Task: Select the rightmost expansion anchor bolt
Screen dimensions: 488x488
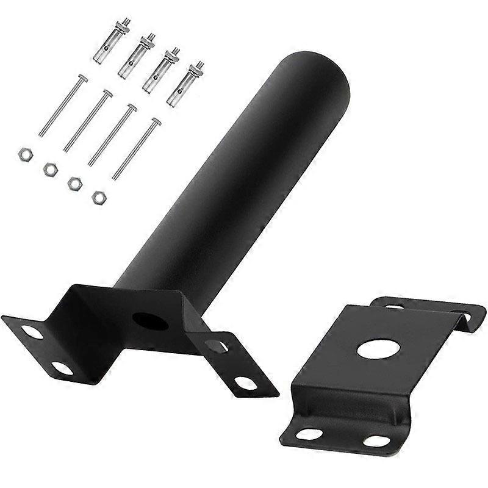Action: (185, 84)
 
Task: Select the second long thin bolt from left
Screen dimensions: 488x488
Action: (88, 120)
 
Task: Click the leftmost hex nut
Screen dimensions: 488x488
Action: (25, 154)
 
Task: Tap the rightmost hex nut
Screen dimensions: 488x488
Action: (98, 197)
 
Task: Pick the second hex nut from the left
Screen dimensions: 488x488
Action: (50, 169)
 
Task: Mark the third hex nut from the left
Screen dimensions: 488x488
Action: (74, 183)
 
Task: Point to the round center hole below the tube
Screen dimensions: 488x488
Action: (146, 321)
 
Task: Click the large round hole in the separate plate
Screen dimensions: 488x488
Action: (378, 349)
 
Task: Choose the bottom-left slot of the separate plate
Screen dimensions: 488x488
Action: (310, 434)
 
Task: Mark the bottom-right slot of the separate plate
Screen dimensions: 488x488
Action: (376, 440)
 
